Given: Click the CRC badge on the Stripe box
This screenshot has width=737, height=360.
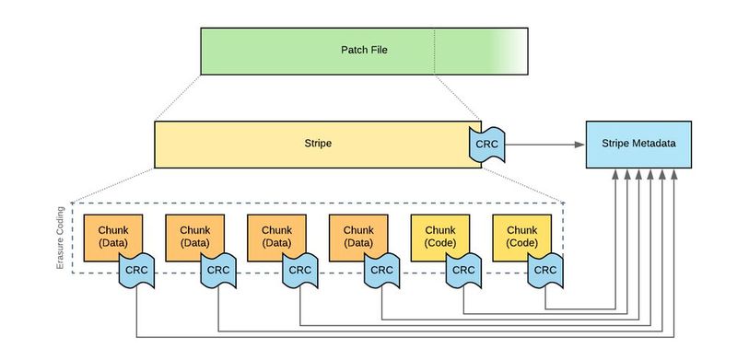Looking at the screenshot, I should click(486, 145).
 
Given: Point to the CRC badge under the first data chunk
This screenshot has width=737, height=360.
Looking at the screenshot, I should click(136, 270).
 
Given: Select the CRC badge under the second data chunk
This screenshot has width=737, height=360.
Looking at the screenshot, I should click(218, 270).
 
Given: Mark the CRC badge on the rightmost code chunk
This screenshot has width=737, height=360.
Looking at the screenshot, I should click(545, 270).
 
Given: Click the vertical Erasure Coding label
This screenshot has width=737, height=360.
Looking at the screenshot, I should click(63, 238).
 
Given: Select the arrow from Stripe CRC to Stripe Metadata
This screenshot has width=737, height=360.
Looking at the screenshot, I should click(544, 145).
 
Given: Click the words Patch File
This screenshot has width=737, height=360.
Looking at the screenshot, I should click(364, 50).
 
